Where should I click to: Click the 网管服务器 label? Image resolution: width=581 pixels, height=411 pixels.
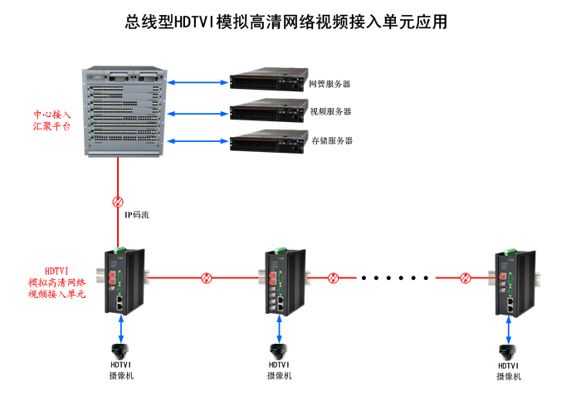(x=330, y=84)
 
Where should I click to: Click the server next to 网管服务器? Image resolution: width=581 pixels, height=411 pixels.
(x=265, y=81)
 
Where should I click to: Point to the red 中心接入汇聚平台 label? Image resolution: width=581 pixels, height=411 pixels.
(x=51, y=121)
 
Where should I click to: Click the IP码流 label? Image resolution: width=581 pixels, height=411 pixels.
(x=137, y=215)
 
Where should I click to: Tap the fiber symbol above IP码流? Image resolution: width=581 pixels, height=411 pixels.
(x=118, y=202)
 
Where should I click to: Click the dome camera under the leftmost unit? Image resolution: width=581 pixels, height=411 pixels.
(x=123, y=350)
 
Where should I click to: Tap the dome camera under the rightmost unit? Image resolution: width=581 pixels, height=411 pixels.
(x=509, y=351)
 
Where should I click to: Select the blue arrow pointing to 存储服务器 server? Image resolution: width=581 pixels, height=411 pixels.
(x=198, y=141)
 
